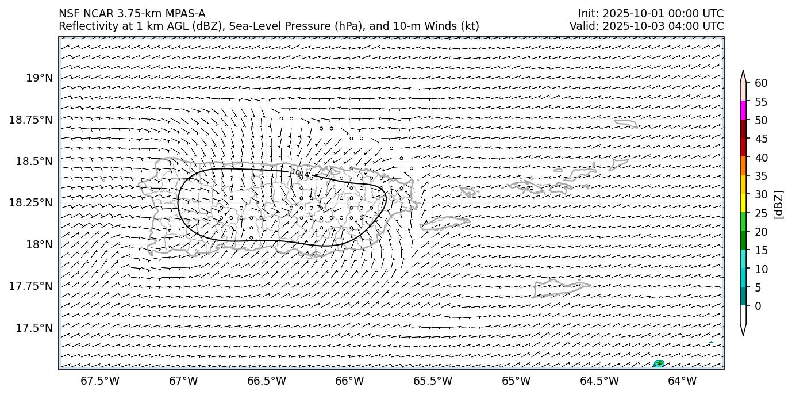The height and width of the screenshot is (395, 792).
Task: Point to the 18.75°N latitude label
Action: (31, 120)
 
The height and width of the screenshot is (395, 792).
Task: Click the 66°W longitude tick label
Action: (349, 381)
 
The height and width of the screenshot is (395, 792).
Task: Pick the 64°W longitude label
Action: (682, 381)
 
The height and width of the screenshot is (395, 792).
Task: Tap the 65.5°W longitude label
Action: (432, 381)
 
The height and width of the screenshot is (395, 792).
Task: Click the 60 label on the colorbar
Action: (761, 83)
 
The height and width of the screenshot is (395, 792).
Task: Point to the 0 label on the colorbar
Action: (758, 306)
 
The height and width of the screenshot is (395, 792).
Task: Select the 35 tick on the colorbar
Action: (761, 176)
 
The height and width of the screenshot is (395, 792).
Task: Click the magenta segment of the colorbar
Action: (743, 111)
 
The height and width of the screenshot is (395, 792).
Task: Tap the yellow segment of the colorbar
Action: (743, 204)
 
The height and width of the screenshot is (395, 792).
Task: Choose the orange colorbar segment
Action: (743, 166)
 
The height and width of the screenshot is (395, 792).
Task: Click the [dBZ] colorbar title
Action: (779, 204)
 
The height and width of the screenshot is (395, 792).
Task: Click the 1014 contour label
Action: (299, 172)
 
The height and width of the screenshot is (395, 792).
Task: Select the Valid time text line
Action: (647, 26)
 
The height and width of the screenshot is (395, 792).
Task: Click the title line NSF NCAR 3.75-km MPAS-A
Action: (132, 14)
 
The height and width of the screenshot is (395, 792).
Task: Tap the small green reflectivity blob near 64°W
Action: (659, 363)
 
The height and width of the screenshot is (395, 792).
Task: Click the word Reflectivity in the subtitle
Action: (87, 26)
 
